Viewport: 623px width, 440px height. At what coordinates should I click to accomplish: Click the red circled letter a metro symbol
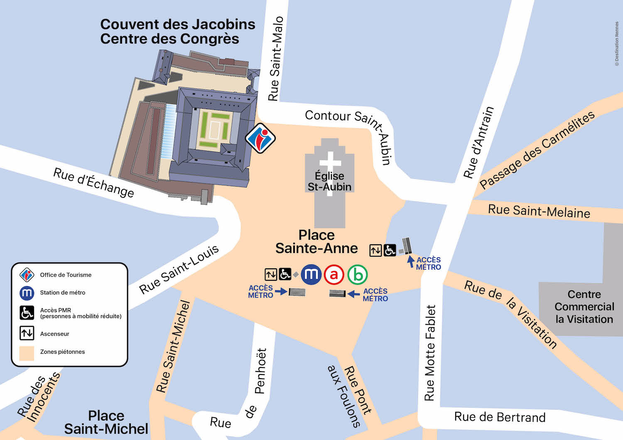coord(334,275)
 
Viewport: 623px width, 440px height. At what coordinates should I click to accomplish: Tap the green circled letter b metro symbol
coord(358,275)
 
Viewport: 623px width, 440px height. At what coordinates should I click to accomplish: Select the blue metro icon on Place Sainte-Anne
coord(311,275)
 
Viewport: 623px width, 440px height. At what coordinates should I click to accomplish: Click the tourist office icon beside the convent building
coord(260,138)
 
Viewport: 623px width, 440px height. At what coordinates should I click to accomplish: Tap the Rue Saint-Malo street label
coord(276,58)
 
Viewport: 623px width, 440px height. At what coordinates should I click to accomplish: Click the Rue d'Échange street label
coord(94,182)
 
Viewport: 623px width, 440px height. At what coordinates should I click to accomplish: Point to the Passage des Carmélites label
coord(537,150)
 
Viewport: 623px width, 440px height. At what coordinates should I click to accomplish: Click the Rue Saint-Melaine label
coord(539,211)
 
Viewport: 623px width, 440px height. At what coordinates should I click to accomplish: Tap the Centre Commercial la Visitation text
coord(584,307)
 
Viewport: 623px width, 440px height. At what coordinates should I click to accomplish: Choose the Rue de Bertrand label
coord(500,417)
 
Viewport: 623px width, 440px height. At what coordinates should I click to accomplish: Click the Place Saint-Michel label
coord(106,422)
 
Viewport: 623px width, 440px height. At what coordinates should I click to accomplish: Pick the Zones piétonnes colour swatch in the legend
coord(27,352)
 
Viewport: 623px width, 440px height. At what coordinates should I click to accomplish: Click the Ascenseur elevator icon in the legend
coord(27,333)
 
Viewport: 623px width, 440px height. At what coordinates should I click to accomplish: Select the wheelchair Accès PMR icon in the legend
coord(27,313)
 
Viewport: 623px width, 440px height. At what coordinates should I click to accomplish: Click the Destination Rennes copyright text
coord(617,44)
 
